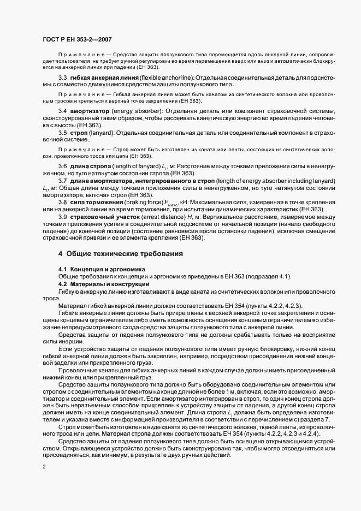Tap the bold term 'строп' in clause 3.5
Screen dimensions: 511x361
[77, 133]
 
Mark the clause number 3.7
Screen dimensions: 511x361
[63, 181]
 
